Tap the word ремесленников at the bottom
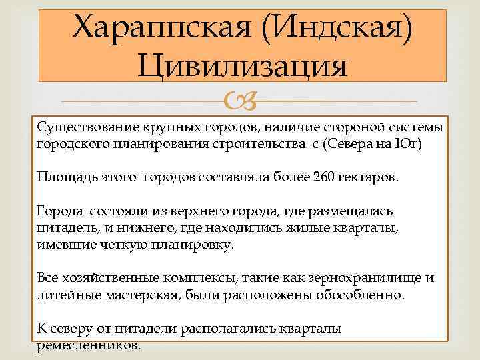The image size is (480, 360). click(x=88, y=345)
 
